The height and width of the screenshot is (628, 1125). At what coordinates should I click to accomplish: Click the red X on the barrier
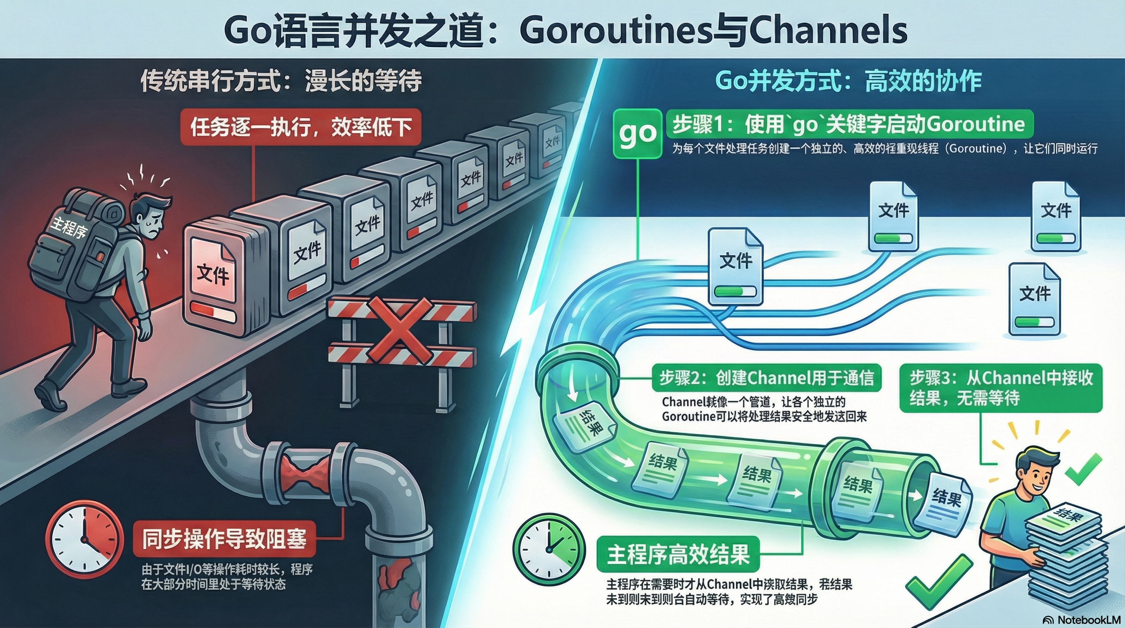[399, 330]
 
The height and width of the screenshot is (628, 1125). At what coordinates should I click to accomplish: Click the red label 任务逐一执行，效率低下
[301, 128]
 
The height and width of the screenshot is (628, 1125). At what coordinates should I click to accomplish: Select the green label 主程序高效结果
[678, 554]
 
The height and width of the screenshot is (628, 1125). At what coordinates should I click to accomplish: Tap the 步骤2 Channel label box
[766, 378]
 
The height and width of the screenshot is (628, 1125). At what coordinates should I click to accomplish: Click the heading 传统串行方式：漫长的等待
[281, 81]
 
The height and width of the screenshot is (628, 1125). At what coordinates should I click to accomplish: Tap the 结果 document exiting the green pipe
[943, 502]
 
